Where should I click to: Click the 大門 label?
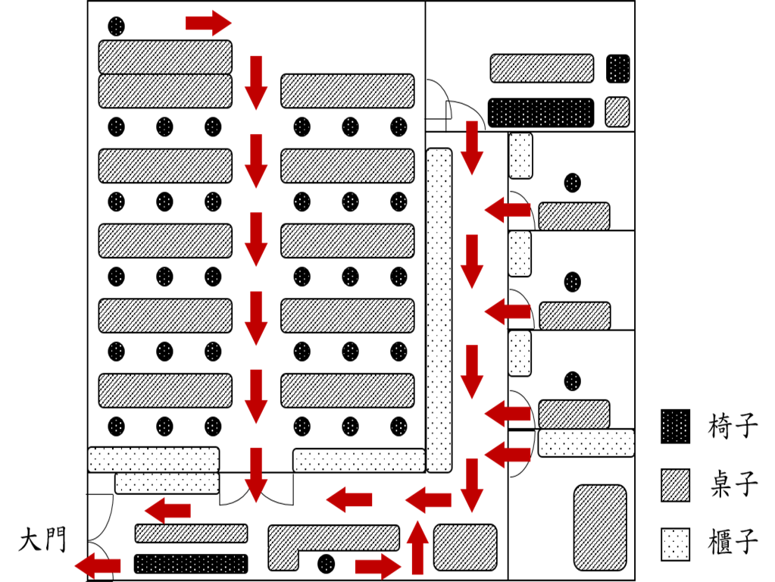tap(42, 540)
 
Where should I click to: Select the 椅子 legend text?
tap(733, 427)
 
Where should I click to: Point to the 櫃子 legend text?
tap(733, 543)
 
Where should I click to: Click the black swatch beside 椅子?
tap(676, 427)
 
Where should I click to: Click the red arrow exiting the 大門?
tap(98, 565)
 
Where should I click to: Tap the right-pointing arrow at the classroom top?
tap(208, 23)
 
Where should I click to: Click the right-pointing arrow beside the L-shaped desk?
tap(377, 565)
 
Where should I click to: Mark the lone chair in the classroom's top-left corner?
tap(116, 27)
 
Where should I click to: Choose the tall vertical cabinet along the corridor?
tap(439, 310)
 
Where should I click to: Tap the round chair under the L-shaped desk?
tap(327, 564)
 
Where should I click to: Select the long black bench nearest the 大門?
tap(191, 564)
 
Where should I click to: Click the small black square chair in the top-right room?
tap(618, 69)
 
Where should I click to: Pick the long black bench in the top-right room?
tap(541, 113)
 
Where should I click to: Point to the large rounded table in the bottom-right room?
tap(600, 527)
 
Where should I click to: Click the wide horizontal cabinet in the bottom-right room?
tap(586, 443)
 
